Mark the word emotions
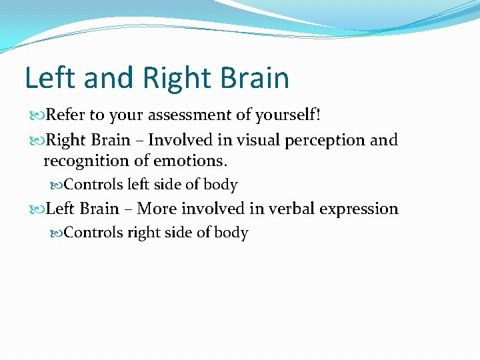pos(194,161)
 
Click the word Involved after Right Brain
pos(176,141)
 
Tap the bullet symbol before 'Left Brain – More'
pos(36,209)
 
